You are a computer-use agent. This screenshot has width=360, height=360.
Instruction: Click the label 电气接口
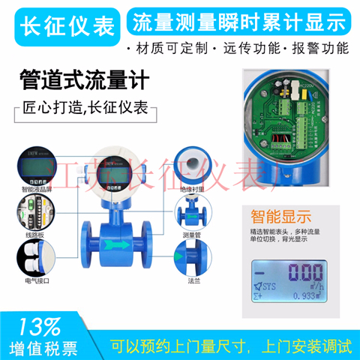click(x=34, y=284)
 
